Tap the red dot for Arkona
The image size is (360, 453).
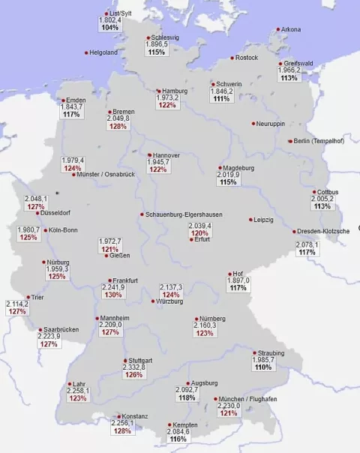click(x=279, y=30)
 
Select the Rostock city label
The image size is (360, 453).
click(x=246, y=58)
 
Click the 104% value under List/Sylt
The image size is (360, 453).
click(x=110, y=28)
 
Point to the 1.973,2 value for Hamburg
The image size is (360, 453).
click(x=168, y=98)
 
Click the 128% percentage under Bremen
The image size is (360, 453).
click(x=118, y=126)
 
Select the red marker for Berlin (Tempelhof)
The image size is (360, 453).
click(x=289, y=141)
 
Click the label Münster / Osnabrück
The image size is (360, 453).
click(x=103, y=175)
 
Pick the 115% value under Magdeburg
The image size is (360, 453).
click(x=229, y=182)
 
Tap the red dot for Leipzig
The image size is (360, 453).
click(x=250, y=220)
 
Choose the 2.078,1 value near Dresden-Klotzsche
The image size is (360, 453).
click(x=307, y=244)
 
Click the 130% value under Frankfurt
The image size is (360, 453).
click(x=113, y=295)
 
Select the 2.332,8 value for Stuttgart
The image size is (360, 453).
click(x=135, y=367)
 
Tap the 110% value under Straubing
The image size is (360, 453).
click(x=263, y=367)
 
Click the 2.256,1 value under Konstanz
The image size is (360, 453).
click(x=121, y=423)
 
